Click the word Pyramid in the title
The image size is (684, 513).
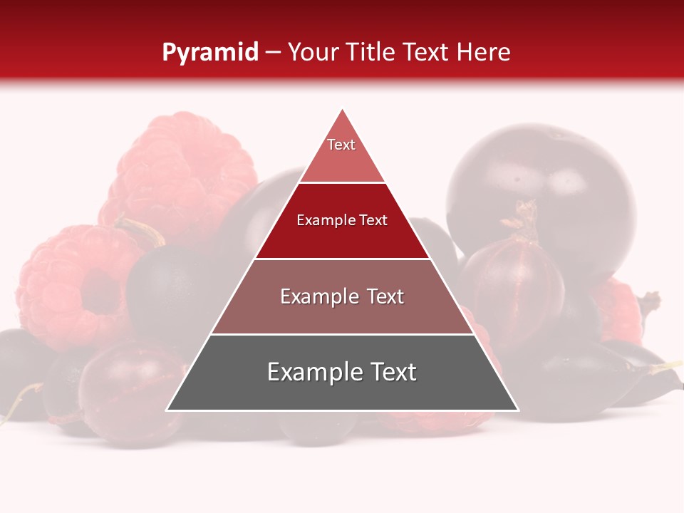click(209, 53)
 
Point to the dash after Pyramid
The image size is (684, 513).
click(273, 53)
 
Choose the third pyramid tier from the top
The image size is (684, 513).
click(342, 296)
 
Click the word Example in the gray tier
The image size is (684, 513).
click(311, 373)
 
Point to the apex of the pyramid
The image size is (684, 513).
click(342, 109)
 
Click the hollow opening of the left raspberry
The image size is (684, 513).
click(100, 292)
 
